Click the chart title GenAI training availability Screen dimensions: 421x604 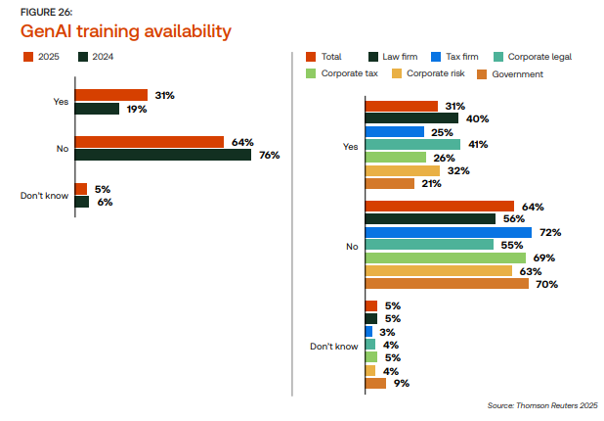(x=126, y=31)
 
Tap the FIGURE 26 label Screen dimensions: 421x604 (x=47, y=11)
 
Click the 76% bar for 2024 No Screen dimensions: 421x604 (x=162, y=154)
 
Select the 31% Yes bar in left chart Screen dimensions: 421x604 (x=110, y=95)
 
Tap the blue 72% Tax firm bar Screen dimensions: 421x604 (x=448, y=232)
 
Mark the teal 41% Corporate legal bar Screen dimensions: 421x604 (x=411, y=144)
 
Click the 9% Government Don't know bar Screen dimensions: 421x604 (x=374, y=383)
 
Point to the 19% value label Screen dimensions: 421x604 (x=136, y=109)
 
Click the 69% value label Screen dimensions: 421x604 (x=544, y=257)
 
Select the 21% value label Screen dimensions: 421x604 (x=431, y=182)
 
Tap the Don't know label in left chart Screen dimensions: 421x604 (x=44, y=196)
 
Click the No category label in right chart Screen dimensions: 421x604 (x=352, y=246)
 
